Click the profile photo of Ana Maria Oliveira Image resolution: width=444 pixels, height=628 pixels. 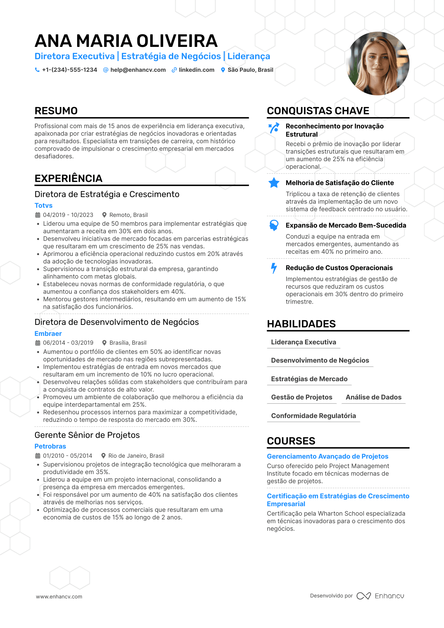click(377, 64)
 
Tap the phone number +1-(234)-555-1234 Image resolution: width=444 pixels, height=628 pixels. click(69, 70)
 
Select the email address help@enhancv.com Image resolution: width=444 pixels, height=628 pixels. click(138, 70)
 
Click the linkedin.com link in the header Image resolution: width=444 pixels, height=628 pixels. click(196, 70)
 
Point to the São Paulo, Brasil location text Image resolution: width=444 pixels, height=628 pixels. click(250, 70)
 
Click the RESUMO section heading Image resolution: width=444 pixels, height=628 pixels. click(56, 111)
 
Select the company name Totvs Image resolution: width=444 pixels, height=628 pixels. click(43, 206)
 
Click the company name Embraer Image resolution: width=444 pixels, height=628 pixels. click(48, 334)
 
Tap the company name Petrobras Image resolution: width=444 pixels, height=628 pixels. click(50, 446)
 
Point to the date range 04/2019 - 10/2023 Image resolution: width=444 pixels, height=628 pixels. click(68, 215)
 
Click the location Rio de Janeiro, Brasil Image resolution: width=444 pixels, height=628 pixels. click(136, 456)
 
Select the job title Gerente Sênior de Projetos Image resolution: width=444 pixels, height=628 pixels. click(87, 435)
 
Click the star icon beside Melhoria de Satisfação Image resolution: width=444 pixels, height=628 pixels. click(274, 183)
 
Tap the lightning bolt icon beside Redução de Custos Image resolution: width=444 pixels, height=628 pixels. click(274, 268)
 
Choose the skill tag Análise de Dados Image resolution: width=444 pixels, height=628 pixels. click(373, 397)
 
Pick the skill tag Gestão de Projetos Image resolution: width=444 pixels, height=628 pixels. click(302, 397)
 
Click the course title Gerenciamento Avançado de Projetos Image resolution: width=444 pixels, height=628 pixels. click(327, 456)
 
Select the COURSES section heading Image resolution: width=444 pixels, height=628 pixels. click(291, 441)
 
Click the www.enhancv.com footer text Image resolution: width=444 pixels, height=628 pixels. click(59, 597)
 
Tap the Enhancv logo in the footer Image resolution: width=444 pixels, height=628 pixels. click(380, 596)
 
